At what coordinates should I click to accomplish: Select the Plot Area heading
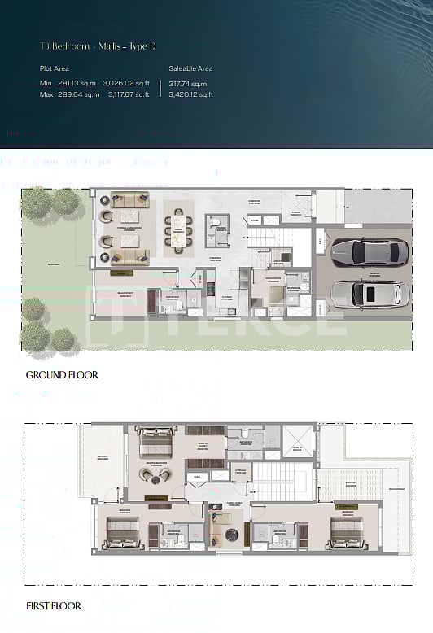pos(55,69)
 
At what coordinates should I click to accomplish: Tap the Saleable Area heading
pos(190,69)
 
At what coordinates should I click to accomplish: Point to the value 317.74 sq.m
pos(188,84)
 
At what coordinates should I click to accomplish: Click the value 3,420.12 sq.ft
pos(191,94)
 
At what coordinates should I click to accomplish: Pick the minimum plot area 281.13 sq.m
pos(79,84)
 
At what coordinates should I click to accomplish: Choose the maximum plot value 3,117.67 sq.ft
pos(129,94)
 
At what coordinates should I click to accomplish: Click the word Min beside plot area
pos(46,84)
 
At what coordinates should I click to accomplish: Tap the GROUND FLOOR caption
pos(62,375)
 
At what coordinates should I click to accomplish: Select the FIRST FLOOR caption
pos(54,605)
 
